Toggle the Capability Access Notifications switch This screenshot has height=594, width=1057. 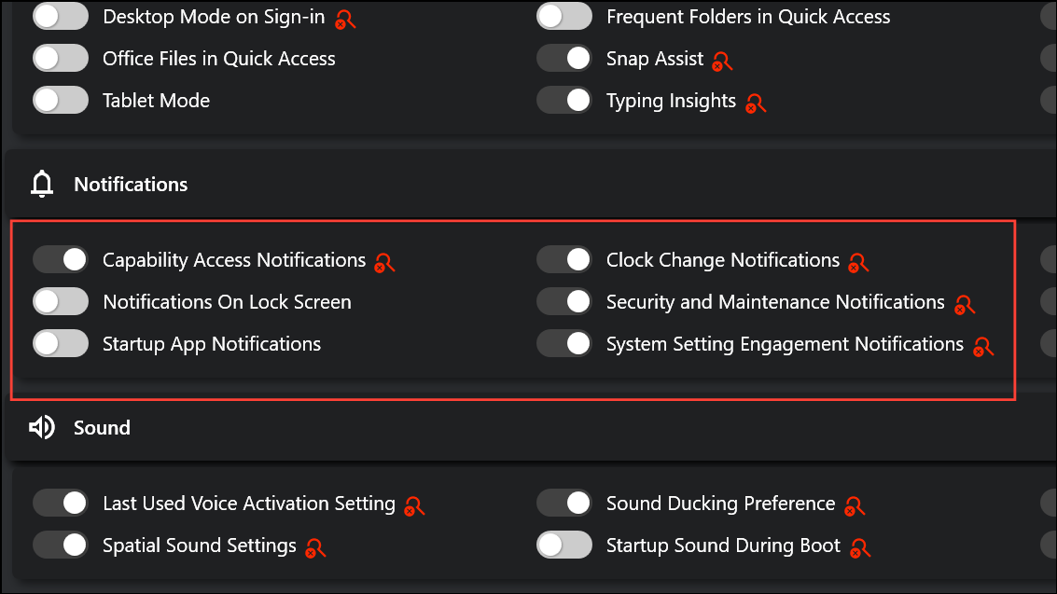pos(61,259)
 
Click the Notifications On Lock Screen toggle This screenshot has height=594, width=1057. pos(61,302)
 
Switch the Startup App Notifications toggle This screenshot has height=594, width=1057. pos(61,343)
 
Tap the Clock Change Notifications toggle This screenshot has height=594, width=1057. pos(564,259)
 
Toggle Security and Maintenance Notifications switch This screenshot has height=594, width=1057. pos(564,302)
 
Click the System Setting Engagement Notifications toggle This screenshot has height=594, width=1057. pos(564,343)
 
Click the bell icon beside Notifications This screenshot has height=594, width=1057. pos(42,184)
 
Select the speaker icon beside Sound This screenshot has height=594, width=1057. pos(42,427)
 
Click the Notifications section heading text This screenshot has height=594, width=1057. pos(131,185)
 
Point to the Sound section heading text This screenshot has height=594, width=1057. pos(102,428)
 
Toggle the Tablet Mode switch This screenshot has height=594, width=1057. pos(61,101)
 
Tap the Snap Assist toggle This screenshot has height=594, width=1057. pos(564,59)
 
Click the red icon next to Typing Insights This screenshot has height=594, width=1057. pos(756,104)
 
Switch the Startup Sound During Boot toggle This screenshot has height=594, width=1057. pos(564,545)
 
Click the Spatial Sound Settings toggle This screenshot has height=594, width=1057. pos(61,545)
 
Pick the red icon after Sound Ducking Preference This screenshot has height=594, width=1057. pos(855,505)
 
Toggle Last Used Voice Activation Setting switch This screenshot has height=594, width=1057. pos(61,504)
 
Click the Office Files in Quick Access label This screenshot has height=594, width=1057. pos(219,59)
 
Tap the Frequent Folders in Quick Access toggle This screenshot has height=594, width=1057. pos(564,16)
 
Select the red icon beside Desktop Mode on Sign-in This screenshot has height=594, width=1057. pos(345,20)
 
